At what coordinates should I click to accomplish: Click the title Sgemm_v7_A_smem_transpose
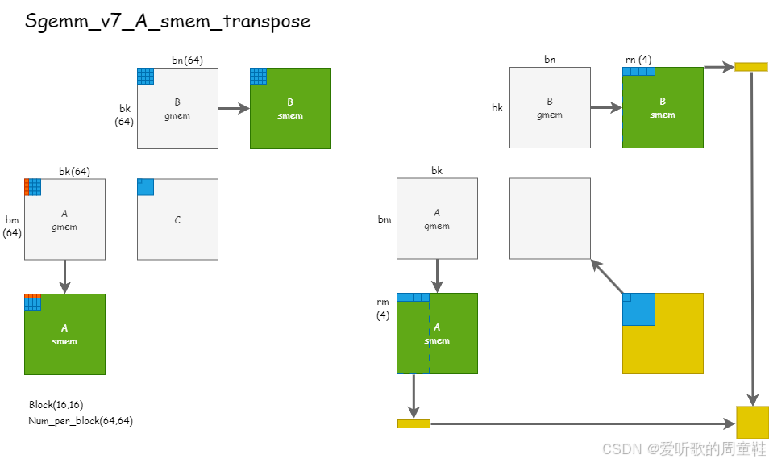tap(168, 21)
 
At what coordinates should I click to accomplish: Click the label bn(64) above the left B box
tap(187, 60)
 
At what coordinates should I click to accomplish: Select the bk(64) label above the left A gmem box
tap(74, 171)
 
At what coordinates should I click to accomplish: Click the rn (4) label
tap(638, 60)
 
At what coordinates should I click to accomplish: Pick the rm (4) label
tap(383, 308)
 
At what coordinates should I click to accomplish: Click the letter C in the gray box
tap(177, 220)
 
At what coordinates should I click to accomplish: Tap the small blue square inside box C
tap(145, 186)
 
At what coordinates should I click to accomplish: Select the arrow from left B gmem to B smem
tap(234, 108)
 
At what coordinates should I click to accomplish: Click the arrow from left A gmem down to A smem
tap(65, 276)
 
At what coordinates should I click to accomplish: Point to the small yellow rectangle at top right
tap(750, 67)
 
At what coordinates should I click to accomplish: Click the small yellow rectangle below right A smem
tap(414, 423)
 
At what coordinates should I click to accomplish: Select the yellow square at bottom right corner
tap(752, 423)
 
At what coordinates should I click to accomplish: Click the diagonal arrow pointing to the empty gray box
tap(609, 277)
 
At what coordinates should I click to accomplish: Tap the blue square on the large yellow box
tap(638, 310)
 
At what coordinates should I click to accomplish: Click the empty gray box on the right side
tap(550, 219)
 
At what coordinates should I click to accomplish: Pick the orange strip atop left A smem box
tap(32, 296)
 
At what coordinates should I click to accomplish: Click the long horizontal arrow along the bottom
tap(580, 423)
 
